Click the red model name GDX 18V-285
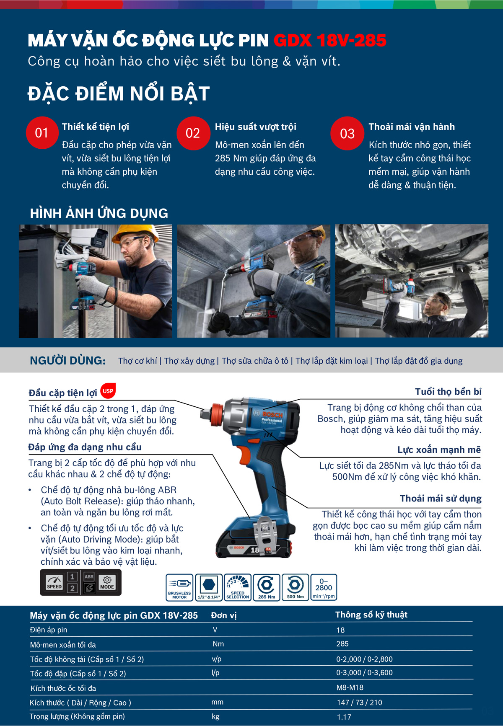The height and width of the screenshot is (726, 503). [330, 41]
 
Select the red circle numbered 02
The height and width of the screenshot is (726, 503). [193, 133]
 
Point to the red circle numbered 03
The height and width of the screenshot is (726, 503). [347, 133]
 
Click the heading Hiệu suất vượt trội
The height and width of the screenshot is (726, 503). [256, 127]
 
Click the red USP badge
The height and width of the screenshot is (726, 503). [108, 391]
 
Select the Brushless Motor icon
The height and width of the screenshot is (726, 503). [179, 587]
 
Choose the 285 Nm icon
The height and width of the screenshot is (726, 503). [267, 587]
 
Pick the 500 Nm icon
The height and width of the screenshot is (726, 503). [296, 587]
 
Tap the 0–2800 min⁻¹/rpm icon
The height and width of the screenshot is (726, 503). [324, 587]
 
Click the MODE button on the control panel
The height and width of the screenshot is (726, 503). [107, 582]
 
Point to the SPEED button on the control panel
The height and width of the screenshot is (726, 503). [54, 582]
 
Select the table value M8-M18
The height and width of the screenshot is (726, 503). [350, 687]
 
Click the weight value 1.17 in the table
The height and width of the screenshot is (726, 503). [344, 717]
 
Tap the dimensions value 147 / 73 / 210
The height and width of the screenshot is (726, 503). [360, 703]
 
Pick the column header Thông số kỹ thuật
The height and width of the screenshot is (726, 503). [371, 615]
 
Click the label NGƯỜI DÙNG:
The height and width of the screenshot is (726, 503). [68, 360]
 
